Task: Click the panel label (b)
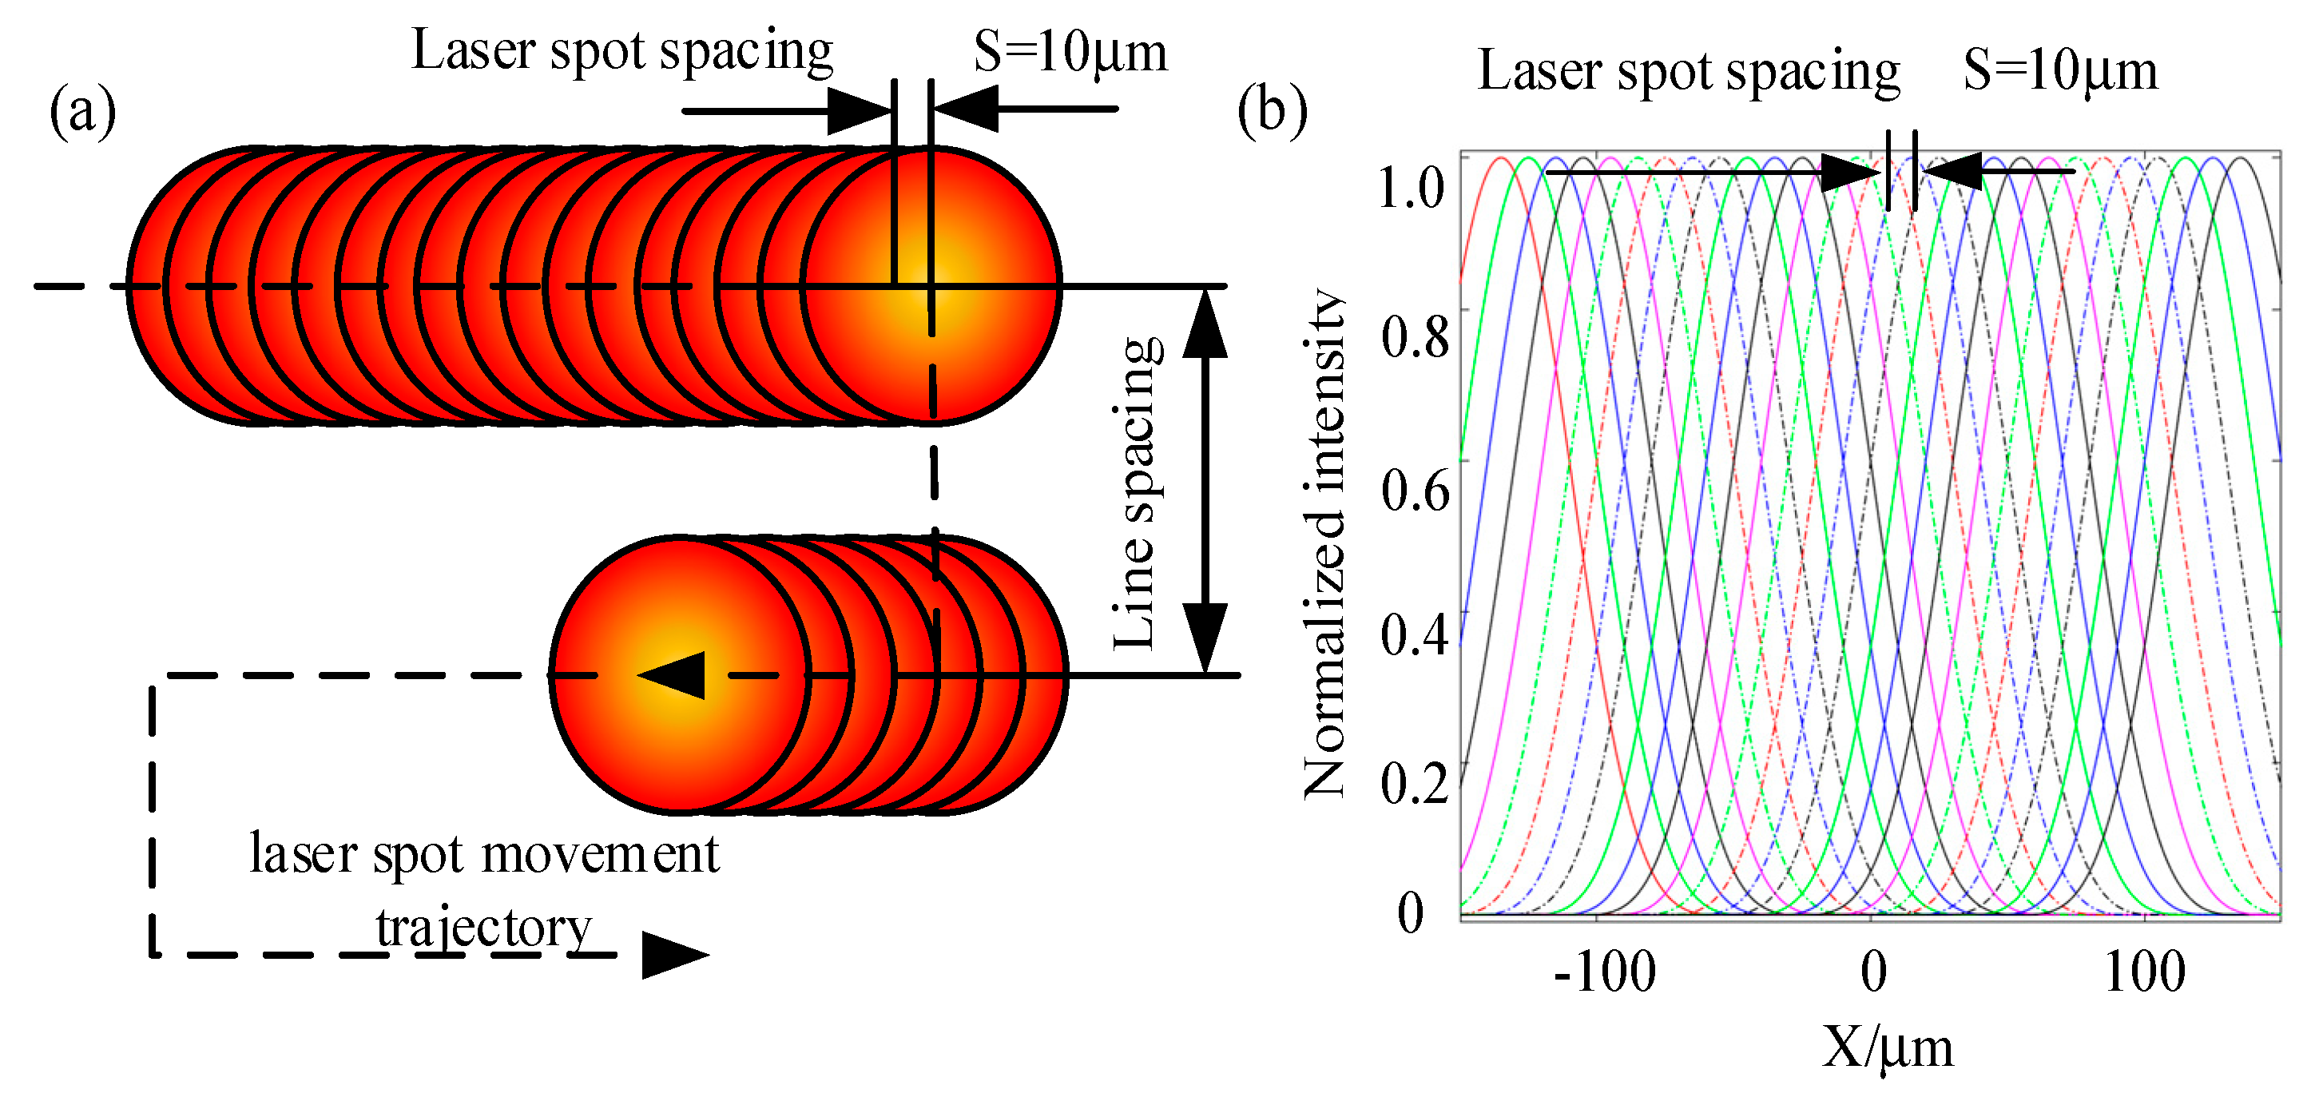(x=1272, y=111)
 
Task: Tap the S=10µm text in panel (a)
(x=1070, y=52)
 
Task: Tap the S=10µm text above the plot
(x=2059, y=70)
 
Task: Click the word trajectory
(x=483, y=928)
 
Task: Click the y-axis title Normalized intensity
(x=1324, y=544)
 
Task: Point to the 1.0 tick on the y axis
(x=1411, y=188)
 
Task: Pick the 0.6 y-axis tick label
(x=1415, y=490)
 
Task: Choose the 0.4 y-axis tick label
(x=1415, y=634)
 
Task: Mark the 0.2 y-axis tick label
(x=1415, y=783)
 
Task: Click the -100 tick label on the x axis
(x=1604, y=972)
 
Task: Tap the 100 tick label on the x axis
(x=2144, y=972)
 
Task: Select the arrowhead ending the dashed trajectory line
(x=674, y=955)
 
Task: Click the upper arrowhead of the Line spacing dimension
(x=1205, y=324)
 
